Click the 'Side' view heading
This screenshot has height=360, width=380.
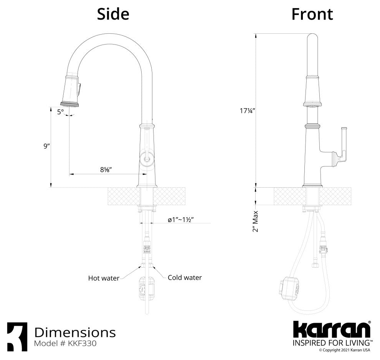tap(113, 14)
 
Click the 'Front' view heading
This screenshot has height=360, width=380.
tap(312, 14)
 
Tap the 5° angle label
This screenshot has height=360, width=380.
tap(61, 112)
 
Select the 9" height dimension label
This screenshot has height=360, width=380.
tap(47, 146)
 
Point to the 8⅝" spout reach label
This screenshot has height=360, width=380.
tap(106, 170)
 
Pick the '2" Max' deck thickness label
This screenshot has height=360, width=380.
tap(255, 221)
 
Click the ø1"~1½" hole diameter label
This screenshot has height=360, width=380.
tap(180, 220)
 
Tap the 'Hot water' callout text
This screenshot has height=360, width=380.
tap(104, 278)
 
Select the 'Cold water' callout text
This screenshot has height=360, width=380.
tap(185, 277)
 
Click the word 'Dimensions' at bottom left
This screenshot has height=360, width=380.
tap(75, 332)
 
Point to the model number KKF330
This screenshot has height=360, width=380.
tap(65, 343)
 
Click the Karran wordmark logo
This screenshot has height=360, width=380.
tap(332, 330)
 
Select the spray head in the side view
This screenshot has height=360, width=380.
tap(71, 91)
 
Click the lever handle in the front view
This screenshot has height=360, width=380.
tap(343, 144)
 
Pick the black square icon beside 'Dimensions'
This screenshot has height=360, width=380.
tap(17, 337)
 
